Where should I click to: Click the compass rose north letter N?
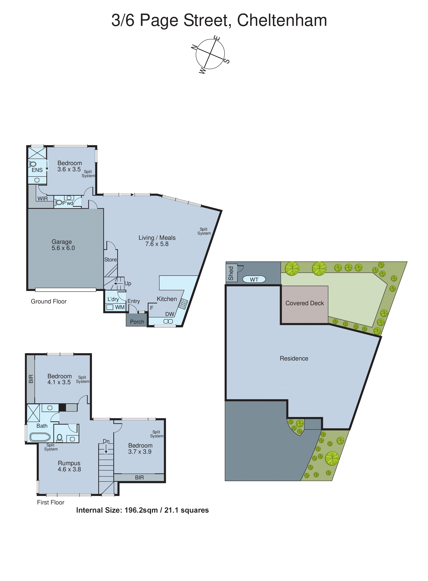coord(194,47)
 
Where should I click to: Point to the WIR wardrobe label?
coord(42,199)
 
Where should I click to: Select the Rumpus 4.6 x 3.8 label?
coord(69,466)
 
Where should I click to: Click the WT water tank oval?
coord(254,279)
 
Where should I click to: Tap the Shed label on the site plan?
coord(231,273)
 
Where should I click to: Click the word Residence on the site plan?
coord(294,358)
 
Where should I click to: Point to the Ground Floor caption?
coord(49,301)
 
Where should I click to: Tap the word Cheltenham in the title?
coord(282,20)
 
